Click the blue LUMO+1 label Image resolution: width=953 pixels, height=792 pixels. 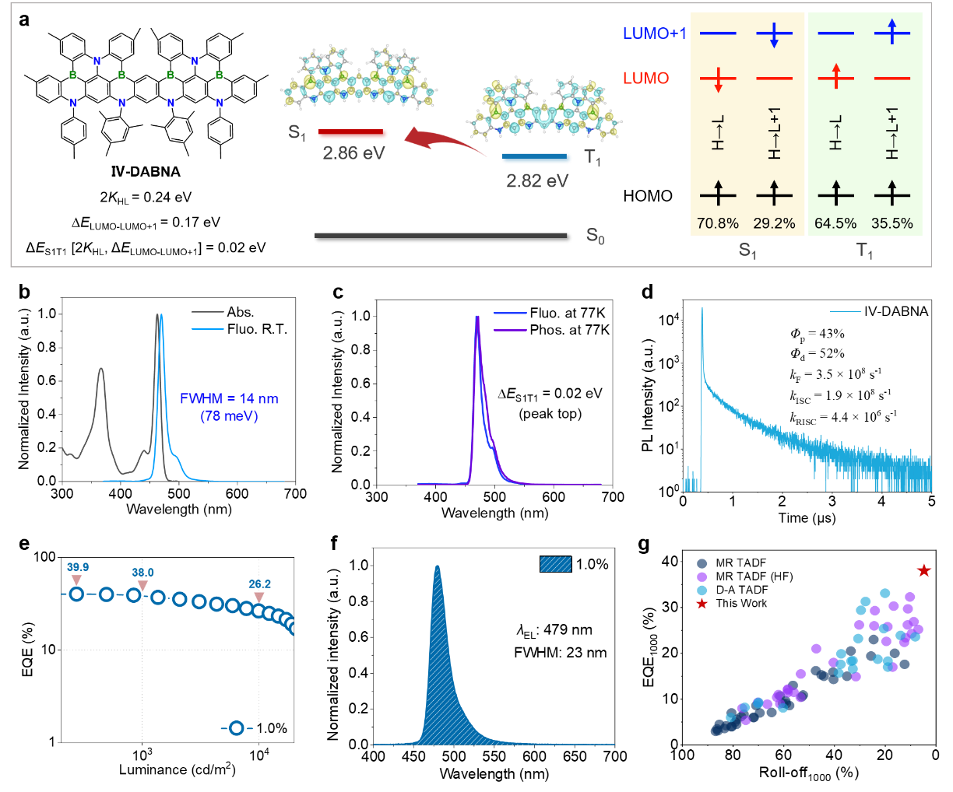[654, 34]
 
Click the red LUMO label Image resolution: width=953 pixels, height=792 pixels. [645, 79]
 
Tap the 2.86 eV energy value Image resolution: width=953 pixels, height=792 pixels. [353, 153]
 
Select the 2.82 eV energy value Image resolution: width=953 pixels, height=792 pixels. [537, 181]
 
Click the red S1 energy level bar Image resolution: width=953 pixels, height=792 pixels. [353, 134]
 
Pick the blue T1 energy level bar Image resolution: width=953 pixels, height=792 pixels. [536, 159]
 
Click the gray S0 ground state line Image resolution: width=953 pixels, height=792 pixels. [441, 235]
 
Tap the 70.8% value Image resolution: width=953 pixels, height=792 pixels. [717, 224]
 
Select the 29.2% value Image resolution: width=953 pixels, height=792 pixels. [774, 224]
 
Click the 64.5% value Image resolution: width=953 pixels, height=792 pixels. [835, 224]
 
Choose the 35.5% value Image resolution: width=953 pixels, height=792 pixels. [892, 224]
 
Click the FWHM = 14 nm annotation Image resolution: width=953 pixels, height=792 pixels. [229, 399]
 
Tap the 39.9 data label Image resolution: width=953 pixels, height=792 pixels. [78, 568]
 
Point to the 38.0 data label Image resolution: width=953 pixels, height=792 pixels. [142, 573]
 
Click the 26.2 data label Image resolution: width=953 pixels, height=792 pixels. [259, 584]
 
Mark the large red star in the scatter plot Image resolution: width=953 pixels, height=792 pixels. [923, 571]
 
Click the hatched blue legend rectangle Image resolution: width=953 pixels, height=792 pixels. [556, 564]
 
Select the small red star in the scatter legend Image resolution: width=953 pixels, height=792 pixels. [702, 605]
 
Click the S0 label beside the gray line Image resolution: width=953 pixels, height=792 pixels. [596, 237]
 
